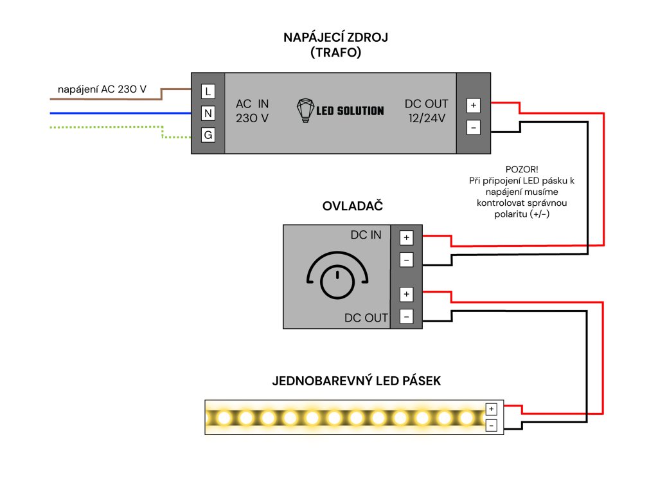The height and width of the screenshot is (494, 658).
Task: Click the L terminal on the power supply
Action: coord(208,91)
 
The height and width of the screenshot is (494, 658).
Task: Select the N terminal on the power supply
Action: coord(208,113)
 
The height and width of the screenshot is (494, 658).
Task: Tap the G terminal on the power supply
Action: coord(208,135)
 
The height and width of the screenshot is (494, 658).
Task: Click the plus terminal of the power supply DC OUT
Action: coord(474,105)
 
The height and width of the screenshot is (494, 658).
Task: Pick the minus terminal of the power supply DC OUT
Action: coord(474,127)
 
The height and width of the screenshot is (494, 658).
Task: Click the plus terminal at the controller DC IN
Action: coord(406,238)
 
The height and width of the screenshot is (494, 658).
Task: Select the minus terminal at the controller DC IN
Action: coord(406,260)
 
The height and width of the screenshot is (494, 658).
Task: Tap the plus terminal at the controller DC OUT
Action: coord(406,295)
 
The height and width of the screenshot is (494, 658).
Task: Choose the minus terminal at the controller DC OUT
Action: coord(406,316)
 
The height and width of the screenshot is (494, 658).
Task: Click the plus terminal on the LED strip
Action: coord(491,409)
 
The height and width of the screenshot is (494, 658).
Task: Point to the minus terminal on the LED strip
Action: coord(491,425)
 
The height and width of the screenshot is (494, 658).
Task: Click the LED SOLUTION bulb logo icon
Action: coord(305,111)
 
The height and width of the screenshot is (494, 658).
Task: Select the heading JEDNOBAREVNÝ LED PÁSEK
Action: coord(357,381)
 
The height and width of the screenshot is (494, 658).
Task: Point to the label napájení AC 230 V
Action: coord(102,89)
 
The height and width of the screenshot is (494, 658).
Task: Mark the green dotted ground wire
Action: coord(103,128)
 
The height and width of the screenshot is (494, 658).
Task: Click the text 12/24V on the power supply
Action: coord(428,118)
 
